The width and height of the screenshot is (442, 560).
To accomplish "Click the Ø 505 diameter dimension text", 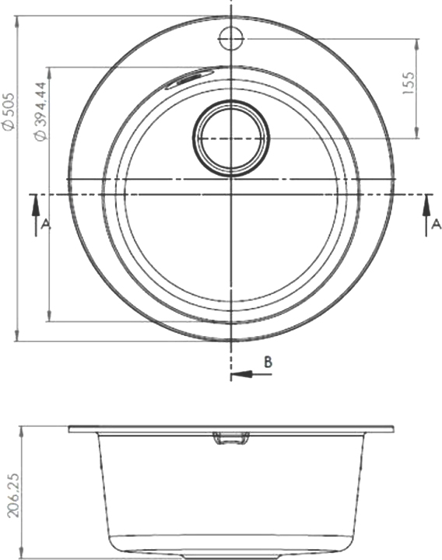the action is [x=9, y=111].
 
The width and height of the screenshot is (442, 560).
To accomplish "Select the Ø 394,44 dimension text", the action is [x=40, y=111].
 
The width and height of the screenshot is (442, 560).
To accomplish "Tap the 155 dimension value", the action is [x=409, y=83].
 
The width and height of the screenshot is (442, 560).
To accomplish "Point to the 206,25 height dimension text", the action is [x=13, y=496].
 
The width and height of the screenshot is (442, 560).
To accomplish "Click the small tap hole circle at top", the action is [x=231, y=38].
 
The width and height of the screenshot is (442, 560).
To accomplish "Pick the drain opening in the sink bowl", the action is [x=231, y=138].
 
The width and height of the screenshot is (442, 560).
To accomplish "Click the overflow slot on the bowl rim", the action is [x=189, y=78].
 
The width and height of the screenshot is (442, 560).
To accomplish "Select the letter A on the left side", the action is [x=46, y=224].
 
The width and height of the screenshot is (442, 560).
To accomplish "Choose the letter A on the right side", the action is [x=437, y=224].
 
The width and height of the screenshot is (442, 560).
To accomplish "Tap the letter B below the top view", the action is [x=268, y=362].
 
